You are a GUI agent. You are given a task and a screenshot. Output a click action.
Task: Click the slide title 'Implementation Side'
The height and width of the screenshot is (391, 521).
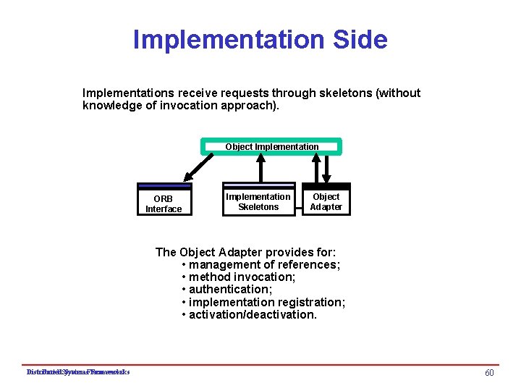coord(260,39)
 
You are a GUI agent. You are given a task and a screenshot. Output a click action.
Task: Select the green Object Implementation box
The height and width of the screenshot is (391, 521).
coord(271,147)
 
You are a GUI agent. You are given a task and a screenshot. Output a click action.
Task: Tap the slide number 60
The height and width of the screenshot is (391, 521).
coord(489,372)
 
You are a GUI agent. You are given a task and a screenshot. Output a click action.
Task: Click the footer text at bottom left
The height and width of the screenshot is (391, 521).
coord(77,372)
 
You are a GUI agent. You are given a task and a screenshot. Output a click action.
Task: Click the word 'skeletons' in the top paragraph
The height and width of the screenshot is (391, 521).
coord(344,93)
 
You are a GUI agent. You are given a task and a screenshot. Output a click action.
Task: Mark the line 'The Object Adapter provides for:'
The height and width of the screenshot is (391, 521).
coord(245,252)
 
